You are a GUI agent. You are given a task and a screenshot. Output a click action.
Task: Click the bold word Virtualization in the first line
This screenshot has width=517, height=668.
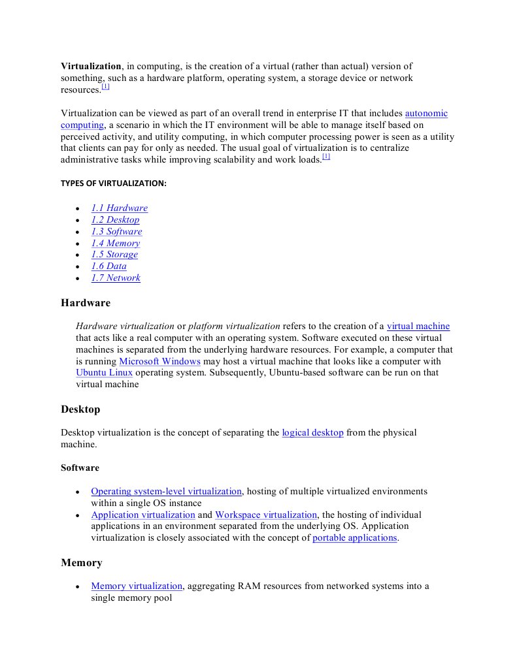pos(91,67)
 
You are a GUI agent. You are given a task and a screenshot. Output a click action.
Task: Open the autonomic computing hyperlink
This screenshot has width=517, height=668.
pos(426,114)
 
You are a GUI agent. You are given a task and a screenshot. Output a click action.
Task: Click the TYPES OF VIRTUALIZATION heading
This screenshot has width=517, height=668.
pos(114,183)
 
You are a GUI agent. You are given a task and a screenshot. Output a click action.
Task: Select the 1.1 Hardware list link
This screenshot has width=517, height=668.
pos(119,208)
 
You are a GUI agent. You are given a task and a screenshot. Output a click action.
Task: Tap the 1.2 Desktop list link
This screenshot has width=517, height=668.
pos(115,220)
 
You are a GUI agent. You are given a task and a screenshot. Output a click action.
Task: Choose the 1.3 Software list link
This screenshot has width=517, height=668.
pos(116,232)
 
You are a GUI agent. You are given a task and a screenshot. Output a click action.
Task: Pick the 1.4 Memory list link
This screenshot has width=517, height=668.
pos(115,244)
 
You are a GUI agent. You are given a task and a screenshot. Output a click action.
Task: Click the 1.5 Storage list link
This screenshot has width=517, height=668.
pos(114,255)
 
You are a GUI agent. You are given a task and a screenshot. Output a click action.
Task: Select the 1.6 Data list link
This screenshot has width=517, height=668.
pos(108,266)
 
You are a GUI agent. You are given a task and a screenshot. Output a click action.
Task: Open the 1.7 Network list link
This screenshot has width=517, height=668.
pos(116,278)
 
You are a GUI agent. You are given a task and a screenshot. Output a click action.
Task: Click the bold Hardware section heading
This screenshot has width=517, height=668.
pos(86,303)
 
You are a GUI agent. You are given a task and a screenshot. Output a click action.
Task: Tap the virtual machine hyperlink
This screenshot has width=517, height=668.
pos(418,326)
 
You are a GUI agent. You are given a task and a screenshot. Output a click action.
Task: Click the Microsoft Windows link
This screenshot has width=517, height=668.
pos(159,362)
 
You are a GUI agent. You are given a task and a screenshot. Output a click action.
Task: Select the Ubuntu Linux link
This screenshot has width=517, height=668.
pos(104,373)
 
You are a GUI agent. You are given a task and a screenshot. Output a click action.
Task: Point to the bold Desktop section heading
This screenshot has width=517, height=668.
pos(80,409)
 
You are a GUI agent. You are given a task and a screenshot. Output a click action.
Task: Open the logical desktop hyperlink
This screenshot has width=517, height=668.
pos(312,433)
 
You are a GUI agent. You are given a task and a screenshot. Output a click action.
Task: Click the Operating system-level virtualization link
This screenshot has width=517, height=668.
pos(167,492)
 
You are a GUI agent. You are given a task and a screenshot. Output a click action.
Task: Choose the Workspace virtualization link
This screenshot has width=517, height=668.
pos(266,515)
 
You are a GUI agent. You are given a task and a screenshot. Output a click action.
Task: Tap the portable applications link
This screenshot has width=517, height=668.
pos(355,538)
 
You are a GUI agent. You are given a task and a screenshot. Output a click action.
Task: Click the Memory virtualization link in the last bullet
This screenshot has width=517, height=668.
pos(137,586)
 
